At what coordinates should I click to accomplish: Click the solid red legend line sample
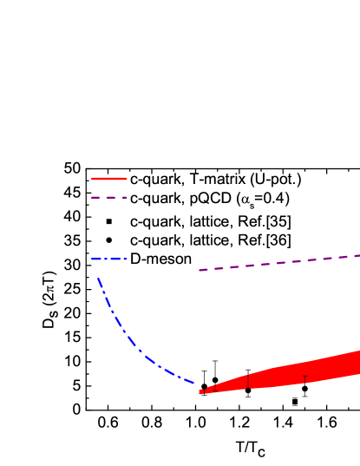click(x=109, y=179)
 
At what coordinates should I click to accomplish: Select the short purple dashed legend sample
click(x=109, y=198)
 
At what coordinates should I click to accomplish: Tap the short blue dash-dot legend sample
click(x=109, y=259)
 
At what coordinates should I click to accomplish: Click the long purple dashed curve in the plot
click(x=278, y=262)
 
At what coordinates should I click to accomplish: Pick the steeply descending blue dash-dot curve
click(x=121, y=330)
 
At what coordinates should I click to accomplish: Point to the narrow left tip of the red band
click(x=201, y=392)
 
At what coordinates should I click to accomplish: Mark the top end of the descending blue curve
click(x=98, y=279)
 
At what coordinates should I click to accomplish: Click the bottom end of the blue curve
click(x=196, y=385)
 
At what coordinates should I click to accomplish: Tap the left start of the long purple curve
click(x=200, y=271)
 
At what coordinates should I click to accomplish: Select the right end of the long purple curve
click(x=358, y=255)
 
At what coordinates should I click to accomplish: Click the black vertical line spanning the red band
click(x=248, y=381)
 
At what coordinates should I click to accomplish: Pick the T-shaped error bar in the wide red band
click(x=304, y=378)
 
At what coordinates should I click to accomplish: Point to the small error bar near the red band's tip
click(x=213, y=389)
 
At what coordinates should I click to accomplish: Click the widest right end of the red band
click(x=357, y=363)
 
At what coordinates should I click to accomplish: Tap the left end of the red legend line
click(x=93, y=179)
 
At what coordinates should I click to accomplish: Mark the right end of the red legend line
click(x=126, y=179)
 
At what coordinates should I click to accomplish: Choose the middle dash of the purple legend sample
click(x=109, y=198)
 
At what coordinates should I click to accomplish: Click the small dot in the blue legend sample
click(x=108, y=259)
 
